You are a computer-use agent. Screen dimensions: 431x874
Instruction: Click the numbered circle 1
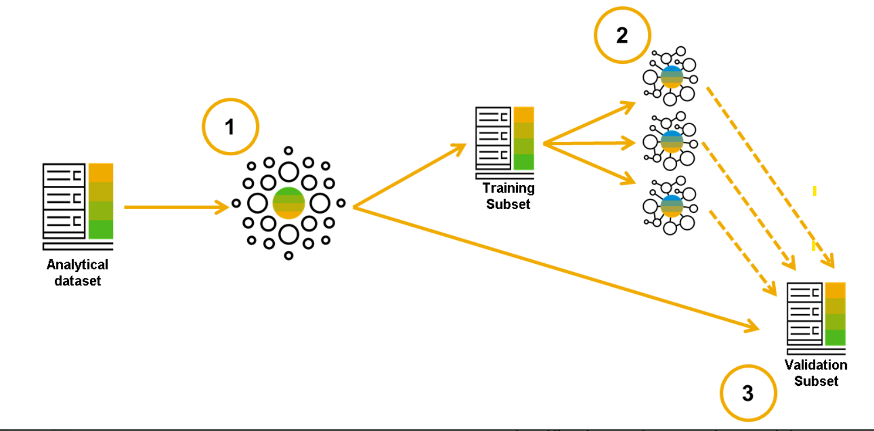(230, 127)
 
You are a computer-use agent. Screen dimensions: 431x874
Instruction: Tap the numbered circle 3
(748, 393)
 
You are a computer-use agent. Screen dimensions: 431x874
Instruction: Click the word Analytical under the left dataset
(77, 265)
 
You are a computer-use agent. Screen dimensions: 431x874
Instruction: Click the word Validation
(816, 365)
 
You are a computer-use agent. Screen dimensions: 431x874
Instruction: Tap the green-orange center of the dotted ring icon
(288, 203)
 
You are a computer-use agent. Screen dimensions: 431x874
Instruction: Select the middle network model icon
(670, 141)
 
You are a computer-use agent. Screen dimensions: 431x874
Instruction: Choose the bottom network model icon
(670, 206)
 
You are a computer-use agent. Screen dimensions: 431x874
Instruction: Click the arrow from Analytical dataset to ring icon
(175, 208)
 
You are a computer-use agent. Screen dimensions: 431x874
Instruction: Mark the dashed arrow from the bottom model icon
(742, 252)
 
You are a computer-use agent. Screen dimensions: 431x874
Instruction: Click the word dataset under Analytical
(77, 280)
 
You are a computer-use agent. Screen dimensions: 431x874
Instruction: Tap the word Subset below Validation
(816, 381)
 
